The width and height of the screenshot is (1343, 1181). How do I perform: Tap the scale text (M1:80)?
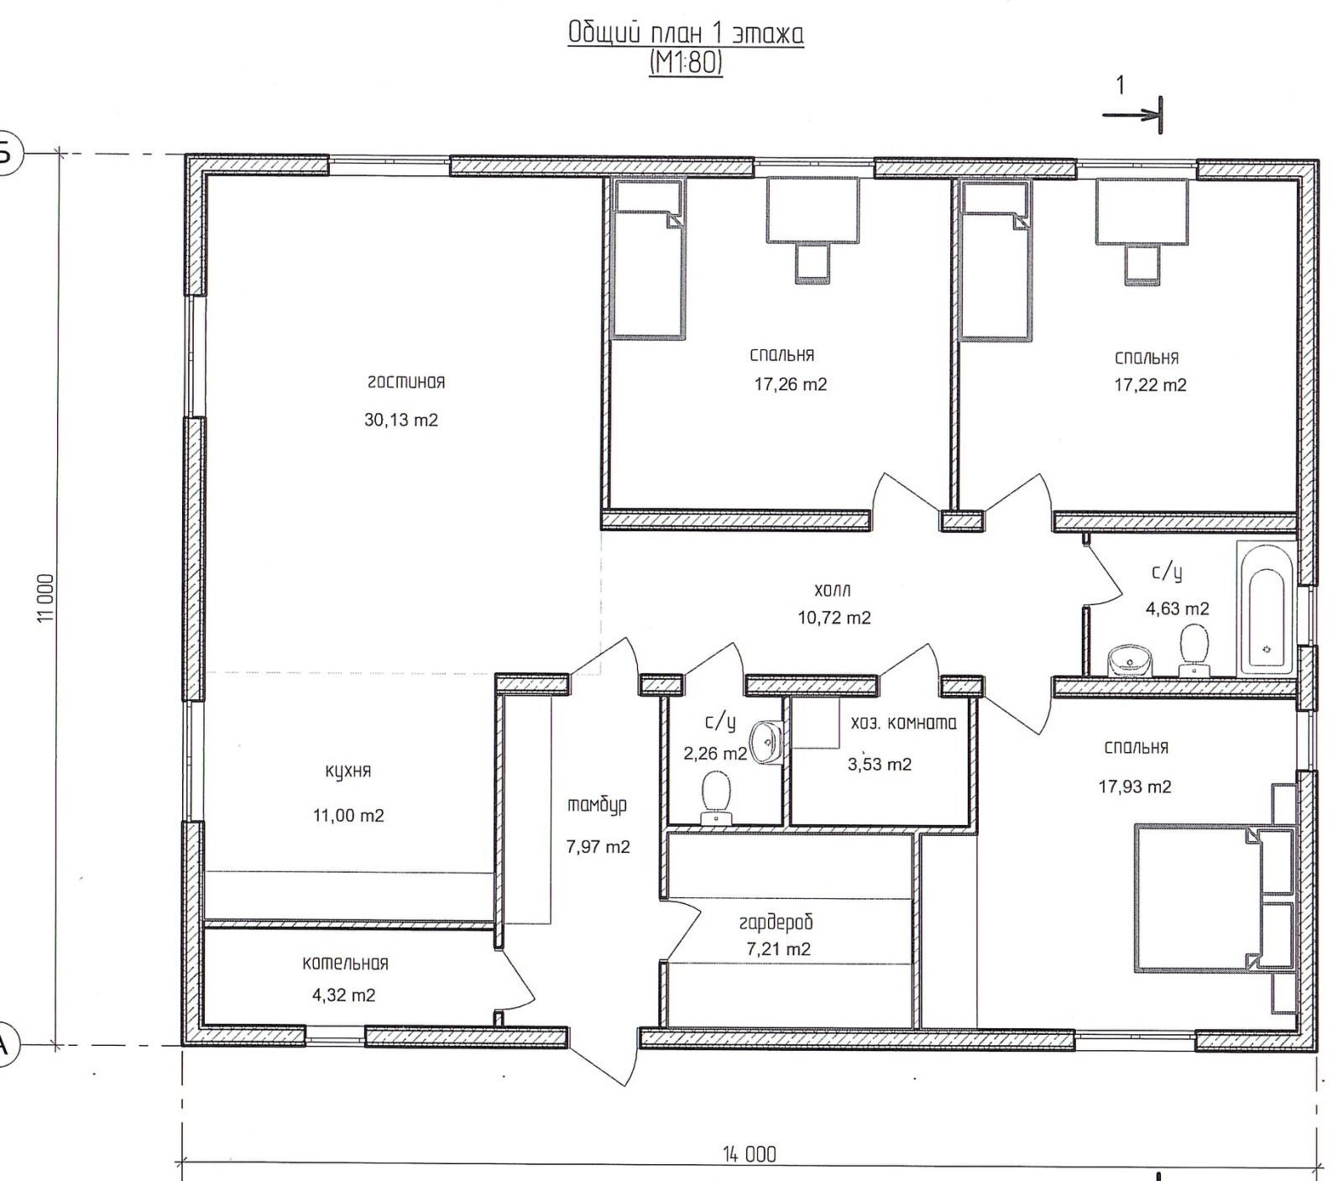pyautogui.click(x=686, y=63)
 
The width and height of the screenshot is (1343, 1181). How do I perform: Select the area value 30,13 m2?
pyautogui.click(x=401, y=420)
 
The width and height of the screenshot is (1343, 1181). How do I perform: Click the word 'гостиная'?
pyautogui.click(x=406, y=382)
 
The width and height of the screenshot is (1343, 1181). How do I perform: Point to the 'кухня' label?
pyautogui.click(x=348, y=771)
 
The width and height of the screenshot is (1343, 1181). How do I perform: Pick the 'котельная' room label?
pyautogui.click(x=345, y=963)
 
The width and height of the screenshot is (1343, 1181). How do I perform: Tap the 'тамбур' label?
pyautogui.click(x=598, y=805)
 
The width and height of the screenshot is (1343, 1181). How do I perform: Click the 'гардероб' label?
pyautogui.click(x=776, y=922)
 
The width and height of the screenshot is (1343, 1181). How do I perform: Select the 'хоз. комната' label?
pyautogui.click(x=904, y=722)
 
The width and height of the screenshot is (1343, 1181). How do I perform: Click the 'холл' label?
pyautogui.click(x=833, y=591)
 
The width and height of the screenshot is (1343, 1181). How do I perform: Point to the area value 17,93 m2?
pyautogui.click(x=1135, y=786)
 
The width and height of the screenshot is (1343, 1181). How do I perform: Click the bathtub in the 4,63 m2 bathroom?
pyautogui.click(x=1267, y=609)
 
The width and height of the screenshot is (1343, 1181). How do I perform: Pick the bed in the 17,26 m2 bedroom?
pyautogui.click(x=649, y=259)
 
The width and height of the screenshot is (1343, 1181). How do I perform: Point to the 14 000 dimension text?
pyautogui.click(x=750, y=1154)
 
